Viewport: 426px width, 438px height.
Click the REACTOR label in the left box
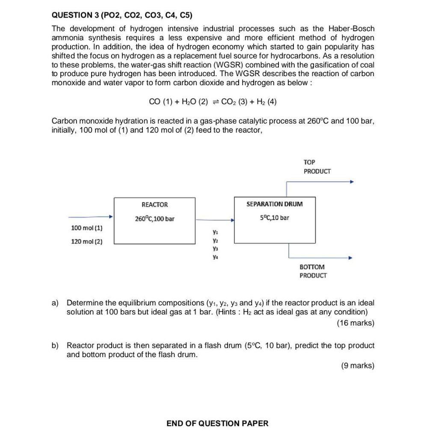(154, 205)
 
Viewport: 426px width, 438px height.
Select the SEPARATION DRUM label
(274, 204)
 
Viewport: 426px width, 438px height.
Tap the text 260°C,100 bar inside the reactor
(154, 219)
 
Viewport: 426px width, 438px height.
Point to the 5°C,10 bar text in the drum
(274, 218)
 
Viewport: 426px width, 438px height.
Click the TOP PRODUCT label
(317, 167)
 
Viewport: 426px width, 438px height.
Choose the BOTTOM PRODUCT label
(313, 271)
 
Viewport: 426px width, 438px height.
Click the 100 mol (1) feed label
(86, 228)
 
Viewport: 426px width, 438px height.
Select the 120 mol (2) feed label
(86, 242)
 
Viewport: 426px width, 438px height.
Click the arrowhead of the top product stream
(352, 182)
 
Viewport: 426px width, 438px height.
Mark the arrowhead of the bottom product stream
(351, 258)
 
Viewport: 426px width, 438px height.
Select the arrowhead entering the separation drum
(232, 221)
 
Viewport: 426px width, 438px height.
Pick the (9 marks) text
(358, 366)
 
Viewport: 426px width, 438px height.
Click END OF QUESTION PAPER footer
(217, 423)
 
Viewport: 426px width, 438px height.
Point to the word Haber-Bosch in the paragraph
(351, 29)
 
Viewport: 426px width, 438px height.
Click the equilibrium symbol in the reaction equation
(216, 102)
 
